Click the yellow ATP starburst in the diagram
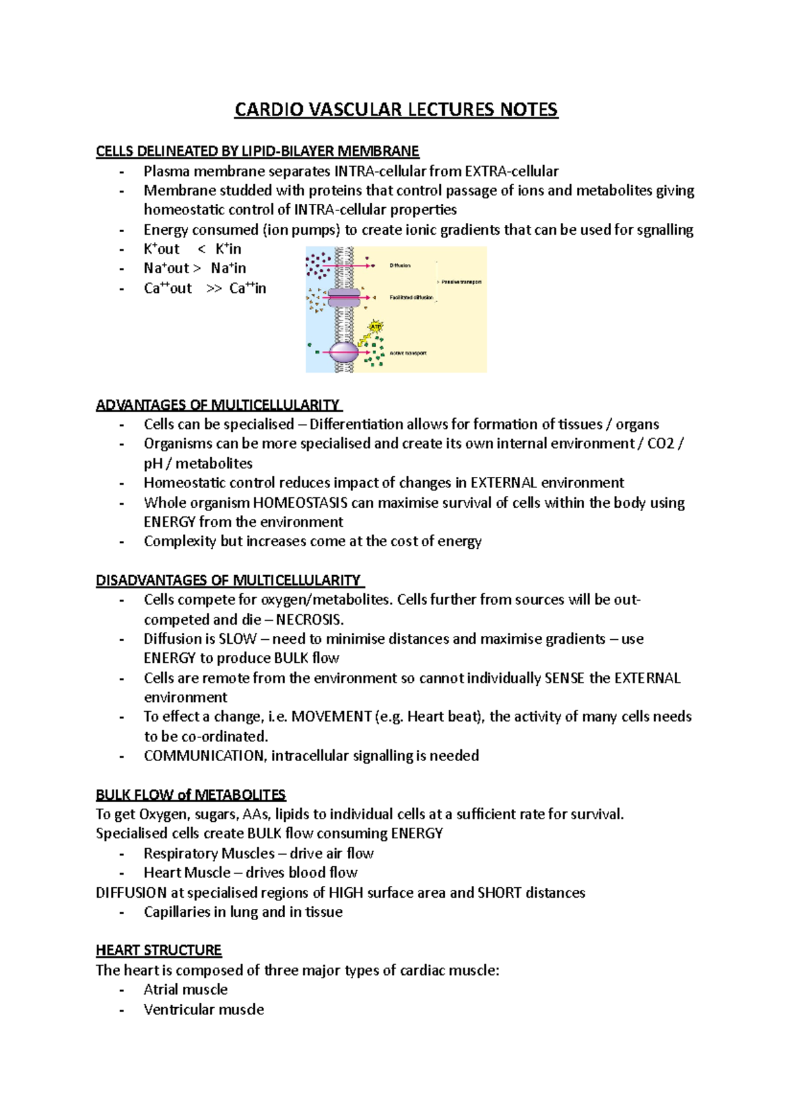point(376,327)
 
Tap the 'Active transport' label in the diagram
point(408,354)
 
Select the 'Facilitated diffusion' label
point(411,297)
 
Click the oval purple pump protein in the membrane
point(344,352)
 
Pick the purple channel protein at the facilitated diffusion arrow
point(344,297)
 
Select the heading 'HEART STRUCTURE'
point(158,950)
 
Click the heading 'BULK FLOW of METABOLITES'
point(191,795)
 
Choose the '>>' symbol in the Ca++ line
point(214,288)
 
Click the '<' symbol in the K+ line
point(201,249)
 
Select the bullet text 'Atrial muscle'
point(185,989)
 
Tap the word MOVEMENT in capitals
point(331,717)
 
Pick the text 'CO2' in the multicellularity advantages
point(660,443)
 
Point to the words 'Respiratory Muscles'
point(209,854)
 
